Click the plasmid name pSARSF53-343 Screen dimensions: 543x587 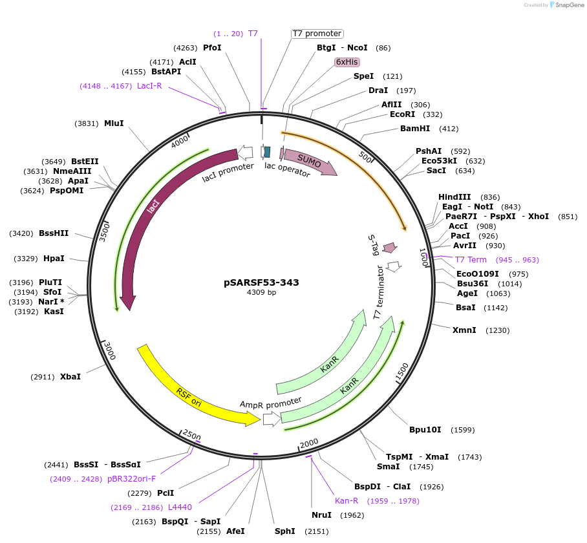(x=261, y=282)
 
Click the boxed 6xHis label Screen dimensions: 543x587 (x=347, y=62)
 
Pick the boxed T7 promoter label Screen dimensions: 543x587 (x=317, y=34)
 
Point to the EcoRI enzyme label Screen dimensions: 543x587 (x=407, y=114)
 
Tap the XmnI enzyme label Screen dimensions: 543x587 (x=464, y=330)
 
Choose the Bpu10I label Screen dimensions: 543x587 (x=425, y=430)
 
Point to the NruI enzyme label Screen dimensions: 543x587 (x=321, y=515)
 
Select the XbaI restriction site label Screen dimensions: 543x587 (x=70, y=376)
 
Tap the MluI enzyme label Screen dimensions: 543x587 (x=114, y=123)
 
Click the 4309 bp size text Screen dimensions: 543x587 (x=261, y=293)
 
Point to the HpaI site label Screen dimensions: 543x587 (x=54, y=259)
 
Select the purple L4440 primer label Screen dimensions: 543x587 (x=180, y=507)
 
